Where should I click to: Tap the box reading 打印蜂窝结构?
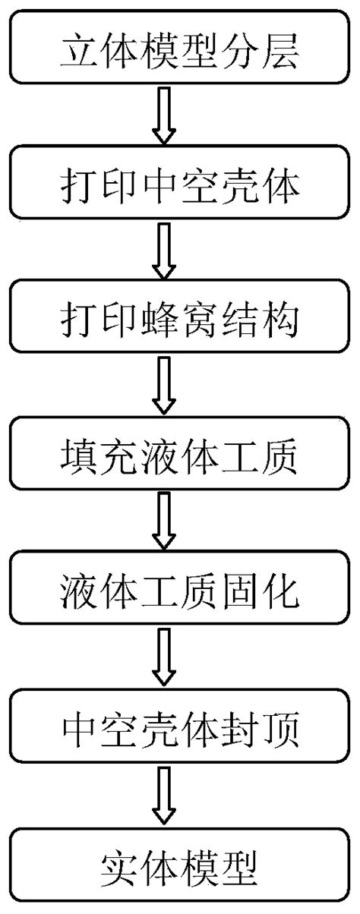[180, 320]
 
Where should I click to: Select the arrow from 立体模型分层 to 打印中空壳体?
[165, 115]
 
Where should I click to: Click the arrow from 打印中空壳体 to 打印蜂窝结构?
[165, 252]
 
